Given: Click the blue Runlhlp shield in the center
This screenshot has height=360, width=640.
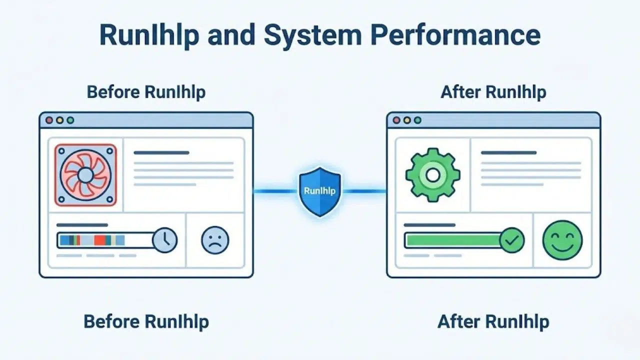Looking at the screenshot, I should coord(319,191).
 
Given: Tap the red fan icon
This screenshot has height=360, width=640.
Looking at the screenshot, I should coord(85,175).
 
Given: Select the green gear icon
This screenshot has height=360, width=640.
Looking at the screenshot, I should coord(432,174).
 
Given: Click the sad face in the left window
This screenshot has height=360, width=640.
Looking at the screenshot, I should coord(215,240).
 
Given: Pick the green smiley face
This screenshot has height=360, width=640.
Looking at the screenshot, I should coord(562,240).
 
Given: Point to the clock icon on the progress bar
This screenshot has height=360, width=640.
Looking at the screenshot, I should coord(164,240).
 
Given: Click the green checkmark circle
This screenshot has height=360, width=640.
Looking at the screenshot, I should coord(511,240).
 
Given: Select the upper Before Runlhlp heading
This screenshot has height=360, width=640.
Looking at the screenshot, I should coord(146,92).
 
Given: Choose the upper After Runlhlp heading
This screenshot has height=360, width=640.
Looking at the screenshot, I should coord(493,92).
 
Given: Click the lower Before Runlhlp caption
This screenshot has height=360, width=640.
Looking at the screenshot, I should coord(146,321).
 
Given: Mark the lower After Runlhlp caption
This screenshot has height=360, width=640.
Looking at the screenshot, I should coord(493,321).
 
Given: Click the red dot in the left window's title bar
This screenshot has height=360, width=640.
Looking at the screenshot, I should coord(49,120).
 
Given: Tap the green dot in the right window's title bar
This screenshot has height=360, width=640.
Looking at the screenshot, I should coord(417,120).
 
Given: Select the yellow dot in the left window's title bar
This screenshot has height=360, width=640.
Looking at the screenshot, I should coord(59,120).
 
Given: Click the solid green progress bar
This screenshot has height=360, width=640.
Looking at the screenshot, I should coord(452,240).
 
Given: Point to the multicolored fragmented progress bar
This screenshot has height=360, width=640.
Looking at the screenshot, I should coord(105,240).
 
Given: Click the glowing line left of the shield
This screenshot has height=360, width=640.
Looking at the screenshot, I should coord(275,191).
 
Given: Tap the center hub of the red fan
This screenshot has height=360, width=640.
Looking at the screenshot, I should coord(85,175).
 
